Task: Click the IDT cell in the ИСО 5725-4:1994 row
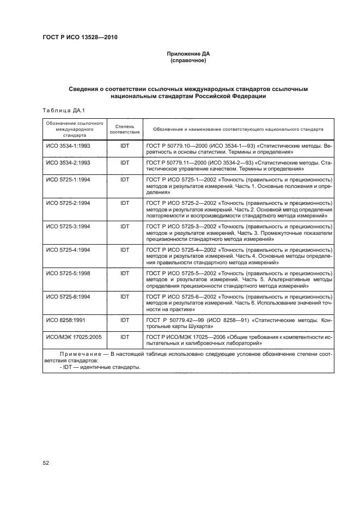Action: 125,249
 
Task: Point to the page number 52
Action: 46,463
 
